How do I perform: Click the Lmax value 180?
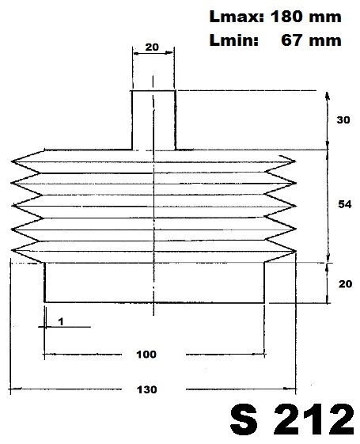286,17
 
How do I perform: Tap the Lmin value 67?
291,40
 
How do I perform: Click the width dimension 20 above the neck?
152,47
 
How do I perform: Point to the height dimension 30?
343,120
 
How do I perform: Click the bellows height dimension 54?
345,204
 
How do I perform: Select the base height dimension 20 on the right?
345,283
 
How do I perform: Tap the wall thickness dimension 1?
61,321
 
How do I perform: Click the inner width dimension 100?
146,355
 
